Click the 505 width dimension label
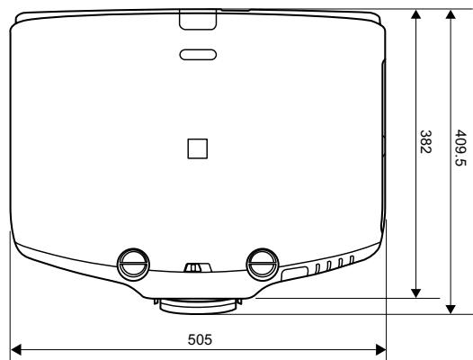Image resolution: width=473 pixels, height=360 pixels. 200,339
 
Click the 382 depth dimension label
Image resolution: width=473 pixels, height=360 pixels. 425,141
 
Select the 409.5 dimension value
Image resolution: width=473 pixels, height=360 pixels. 460,148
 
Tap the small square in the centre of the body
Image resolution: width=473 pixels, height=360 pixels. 198,148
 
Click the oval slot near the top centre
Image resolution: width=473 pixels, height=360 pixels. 198,55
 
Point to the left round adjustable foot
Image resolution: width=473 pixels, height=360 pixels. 133,265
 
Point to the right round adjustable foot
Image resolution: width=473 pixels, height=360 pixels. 263,265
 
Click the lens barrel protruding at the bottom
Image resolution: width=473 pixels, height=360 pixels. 198,306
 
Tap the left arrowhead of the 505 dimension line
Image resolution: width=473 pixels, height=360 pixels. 15,350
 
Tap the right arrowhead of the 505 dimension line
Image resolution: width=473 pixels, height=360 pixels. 380,350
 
